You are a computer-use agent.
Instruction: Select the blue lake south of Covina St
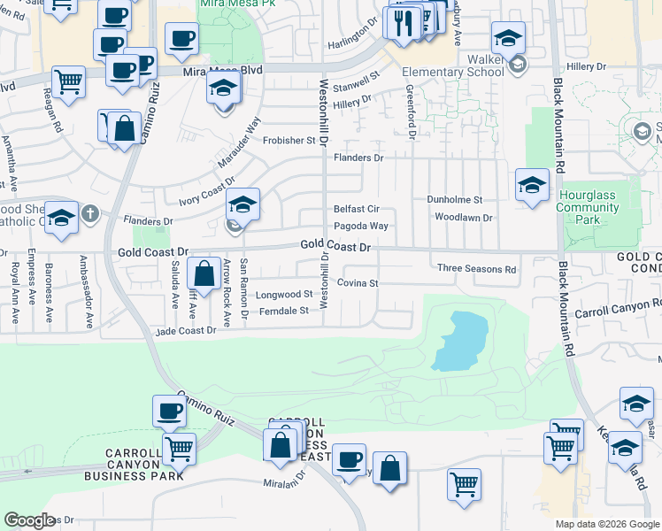pos(458,342)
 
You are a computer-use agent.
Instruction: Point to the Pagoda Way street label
pos(361,226)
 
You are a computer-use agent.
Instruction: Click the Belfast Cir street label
pos(356,210)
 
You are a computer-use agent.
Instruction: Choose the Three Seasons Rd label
pos(476,268)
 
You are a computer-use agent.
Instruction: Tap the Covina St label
pos(362,283)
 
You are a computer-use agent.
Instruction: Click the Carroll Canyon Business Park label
pos(134,464)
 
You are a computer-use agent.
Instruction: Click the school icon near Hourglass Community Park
pos(531,185)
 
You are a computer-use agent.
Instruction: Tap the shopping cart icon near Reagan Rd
pos(68,82)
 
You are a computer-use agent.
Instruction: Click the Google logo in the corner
pos(29,520)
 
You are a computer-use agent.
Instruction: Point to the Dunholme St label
pos(454,200)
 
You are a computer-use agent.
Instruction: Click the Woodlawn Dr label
pos(463,217)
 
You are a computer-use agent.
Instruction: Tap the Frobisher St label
pos(287,141)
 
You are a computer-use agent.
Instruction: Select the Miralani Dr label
pos(283,483)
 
